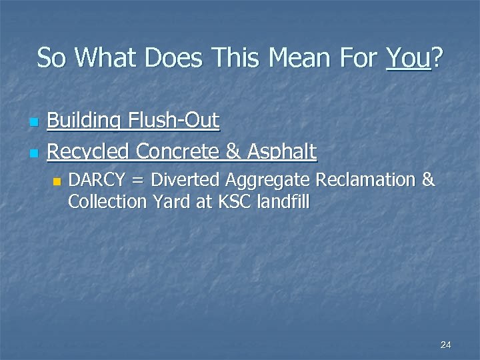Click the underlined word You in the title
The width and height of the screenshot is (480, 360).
coord(408,58)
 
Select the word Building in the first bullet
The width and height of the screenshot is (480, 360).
coord(83,121)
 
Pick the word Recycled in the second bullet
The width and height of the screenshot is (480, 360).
coord(89,152)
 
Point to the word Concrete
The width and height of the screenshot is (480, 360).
coord(178,152)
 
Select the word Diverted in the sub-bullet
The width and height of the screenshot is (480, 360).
coord(187,180)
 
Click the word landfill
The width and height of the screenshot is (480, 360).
coord(284,201)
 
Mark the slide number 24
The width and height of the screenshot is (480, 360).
coord(446,345)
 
